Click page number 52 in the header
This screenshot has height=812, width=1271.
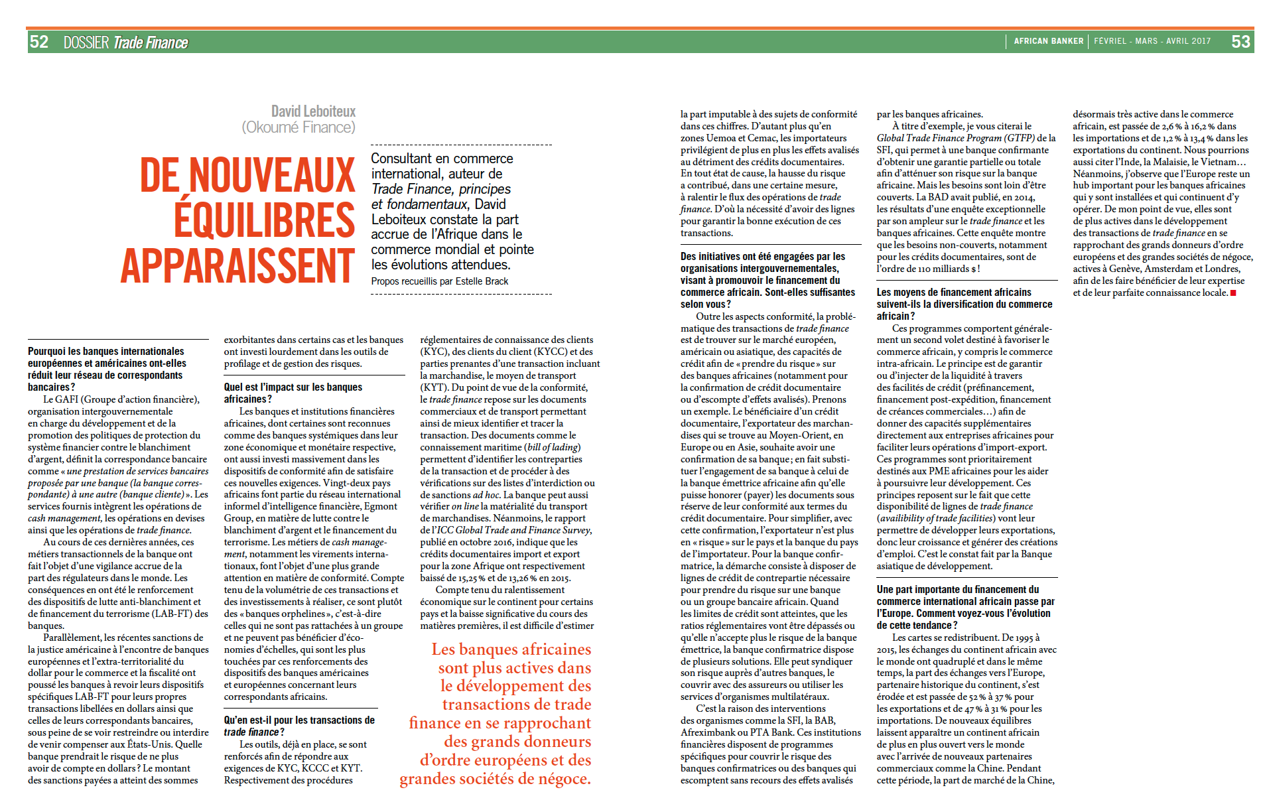click(39, 42)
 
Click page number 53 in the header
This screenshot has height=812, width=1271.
click(1240, 42)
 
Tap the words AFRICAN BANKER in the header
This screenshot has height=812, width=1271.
click(1048, 41)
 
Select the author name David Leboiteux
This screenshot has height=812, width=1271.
click(313, 111)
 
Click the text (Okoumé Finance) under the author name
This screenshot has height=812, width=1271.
click(299, 127)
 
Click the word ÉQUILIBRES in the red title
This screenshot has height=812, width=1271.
click(264, 220)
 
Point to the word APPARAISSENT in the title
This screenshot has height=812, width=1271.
click(237, 265)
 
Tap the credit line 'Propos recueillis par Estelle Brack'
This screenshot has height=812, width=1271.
click(439, 281)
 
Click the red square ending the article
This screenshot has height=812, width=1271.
click(1233, 293)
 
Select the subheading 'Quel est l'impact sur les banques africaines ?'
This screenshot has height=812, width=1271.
click(293, 393)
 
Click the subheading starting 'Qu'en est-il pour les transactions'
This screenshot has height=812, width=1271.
click(299, 726)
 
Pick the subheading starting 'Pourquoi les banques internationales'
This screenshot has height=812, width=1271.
click(106, 369)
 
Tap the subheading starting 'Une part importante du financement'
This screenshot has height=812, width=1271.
click(965, 607)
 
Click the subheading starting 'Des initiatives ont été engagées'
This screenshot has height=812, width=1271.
click(768, 280)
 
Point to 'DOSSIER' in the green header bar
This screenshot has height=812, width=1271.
click(86, 42)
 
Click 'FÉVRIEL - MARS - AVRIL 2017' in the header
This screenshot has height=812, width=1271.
click(1152, 41)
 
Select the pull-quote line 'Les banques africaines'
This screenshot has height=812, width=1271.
click(511, 649)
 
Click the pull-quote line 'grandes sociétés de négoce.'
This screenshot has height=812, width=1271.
click(495, 779)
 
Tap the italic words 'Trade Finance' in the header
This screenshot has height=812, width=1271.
click(151, 42)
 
